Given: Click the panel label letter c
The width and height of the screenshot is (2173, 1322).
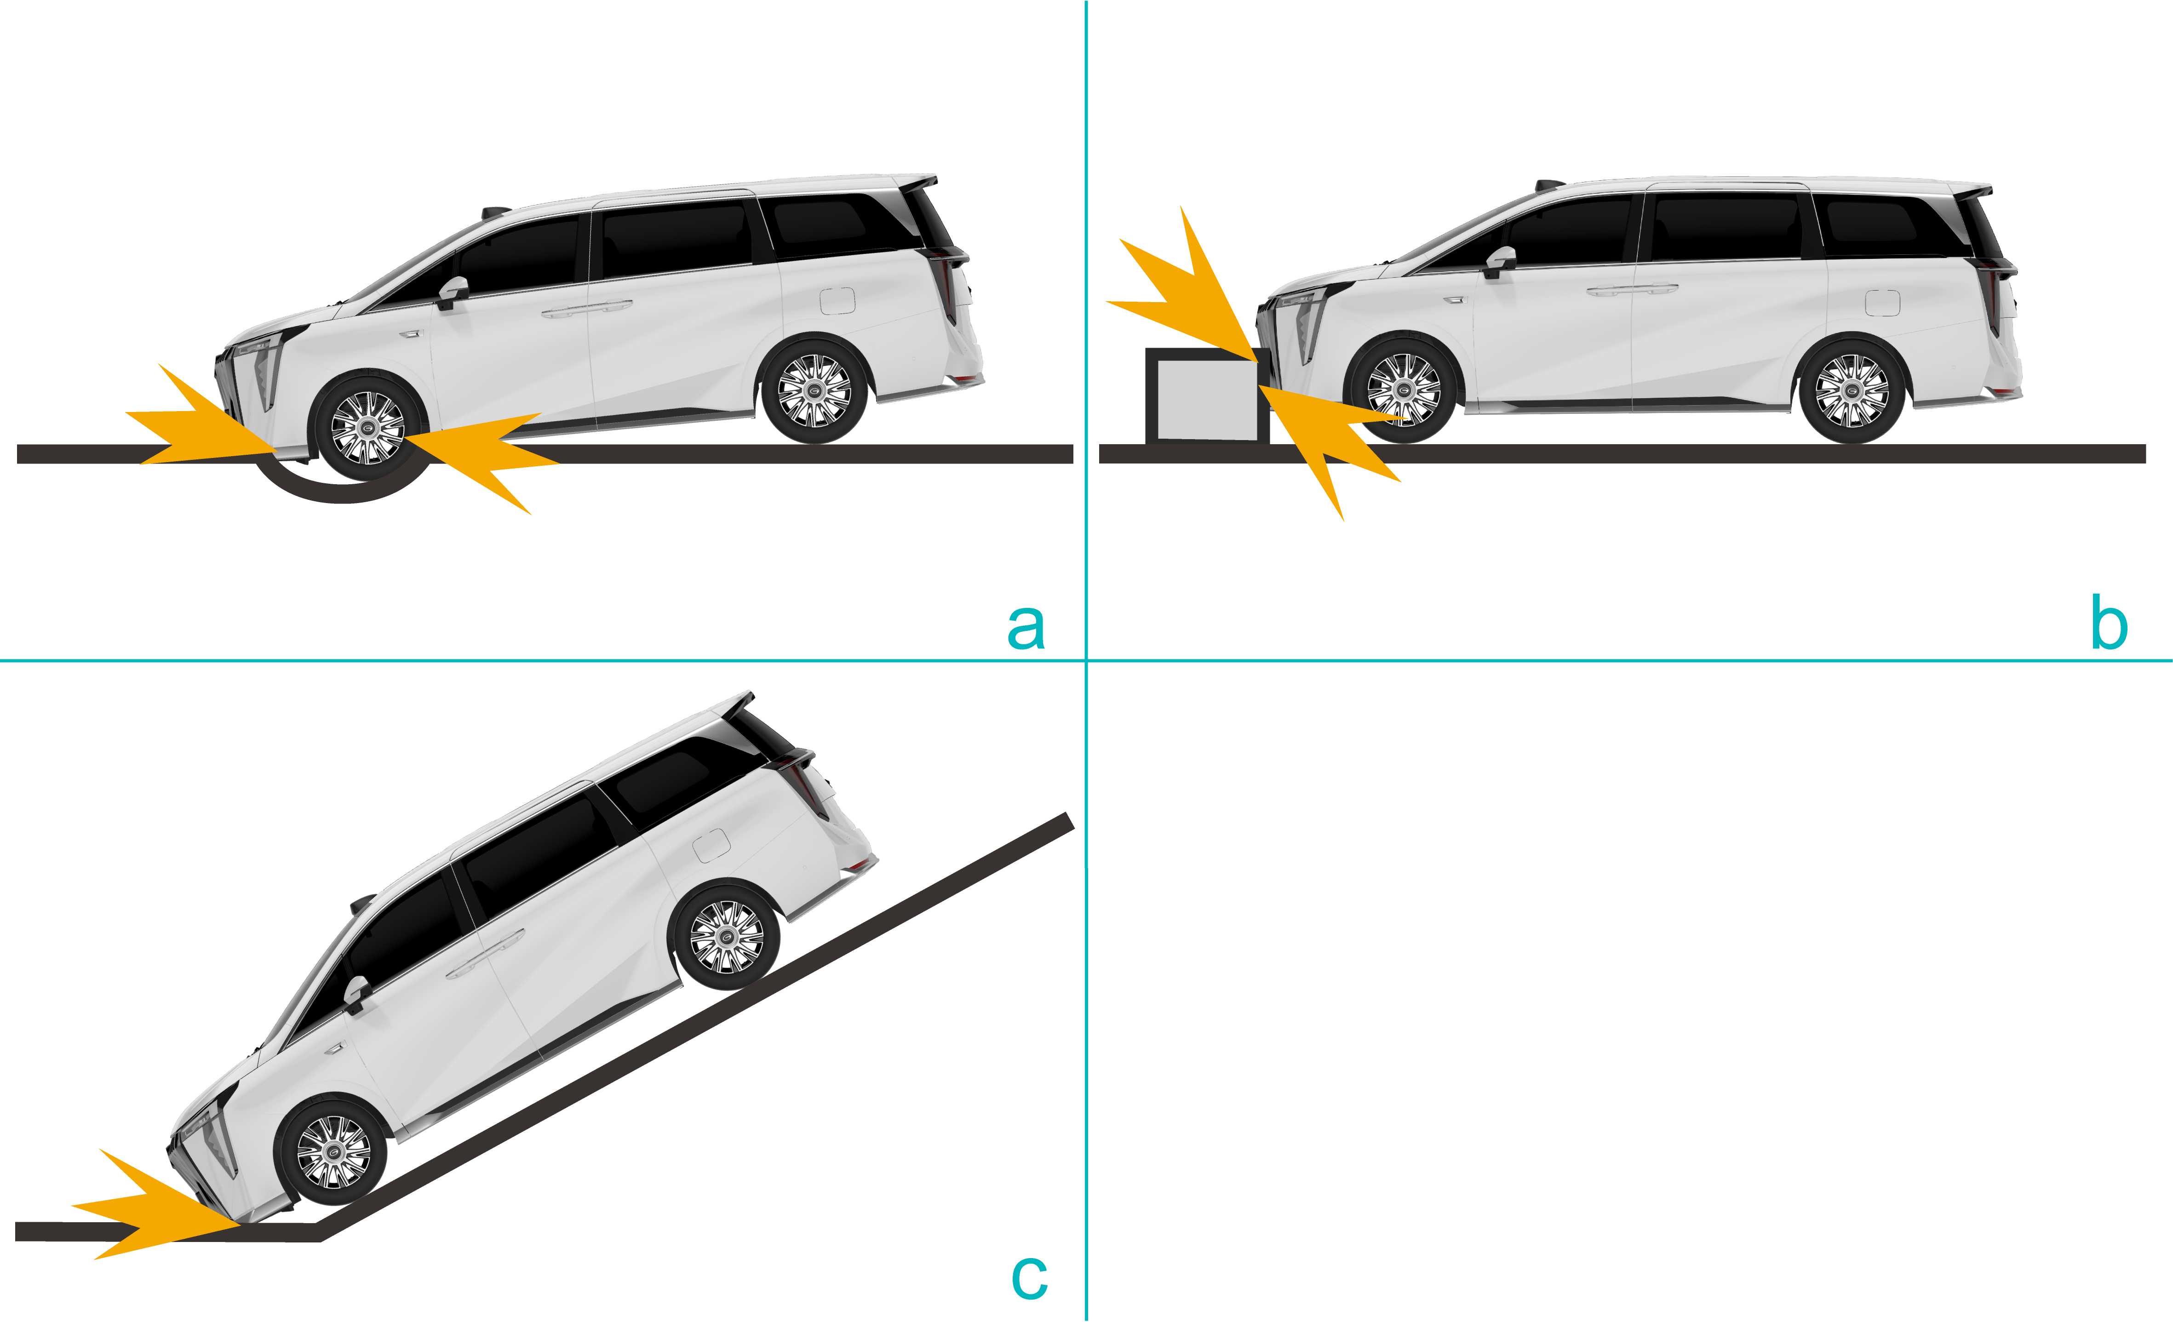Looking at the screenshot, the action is point(1029,1277).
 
